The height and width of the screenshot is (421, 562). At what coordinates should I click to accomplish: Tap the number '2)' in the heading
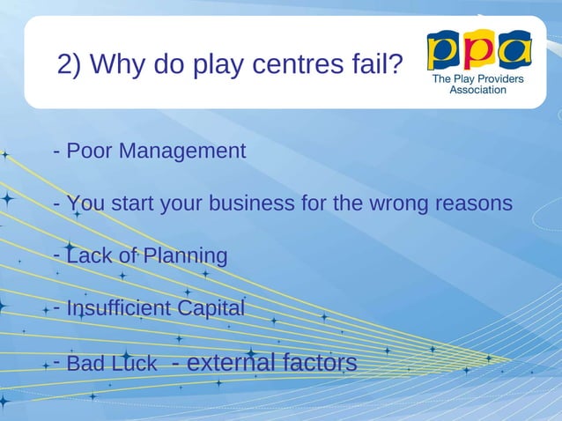70,64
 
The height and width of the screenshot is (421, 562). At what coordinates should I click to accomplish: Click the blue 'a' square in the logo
514,50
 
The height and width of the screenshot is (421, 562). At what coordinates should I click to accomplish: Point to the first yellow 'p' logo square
443,51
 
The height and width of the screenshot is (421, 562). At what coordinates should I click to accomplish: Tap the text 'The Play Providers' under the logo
478,78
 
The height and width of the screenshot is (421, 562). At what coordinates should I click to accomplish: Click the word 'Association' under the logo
478,90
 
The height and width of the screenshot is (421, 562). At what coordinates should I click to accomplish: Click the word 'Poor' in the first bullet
90,151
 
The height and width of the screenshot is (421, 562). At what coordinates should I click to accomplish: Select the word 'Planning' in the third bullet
186,256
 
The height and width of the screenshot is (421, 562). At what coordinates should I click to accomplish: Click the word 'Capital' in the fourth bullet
211,308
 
